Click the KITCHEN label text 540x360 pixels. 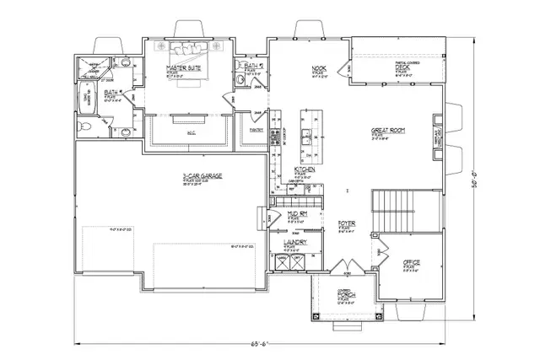pyautogui.click(x=304, y=169)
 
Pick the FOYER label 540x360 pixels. pyautogui.click(x=345, y=223)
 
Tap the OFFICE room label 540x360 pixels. pyautogui.click(x=411, y=263)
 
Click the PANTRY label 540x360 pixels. pyautogui.click(x=256, y=130)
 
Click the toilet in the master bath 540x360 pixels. pyautogui.click(x=83, y=126)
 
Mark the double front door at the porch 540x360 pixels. pyautogui.click(x=336, y=272)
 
